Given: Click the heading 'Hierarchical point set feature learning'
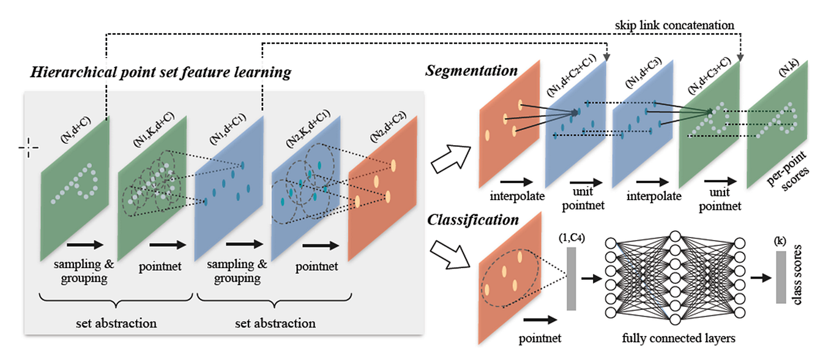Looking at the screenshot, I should pyautogui.click(x=160, y=73).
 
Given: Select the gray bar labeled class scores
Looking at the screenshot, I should pyautogui.click(x=781, y=277).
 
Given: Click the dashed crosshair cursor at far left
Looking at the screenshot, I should pyautogui.click(x=28, y=148).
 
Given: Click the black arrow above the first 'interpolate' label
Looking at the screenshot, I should pyautogui.click(x=513, y=181).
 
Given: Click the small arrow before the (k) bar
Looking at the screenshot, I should pyautogui.click(x=760, y=277).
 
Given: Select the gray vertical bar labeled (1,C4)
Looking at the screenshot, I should pyautogui.click(x=572, y=277).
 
